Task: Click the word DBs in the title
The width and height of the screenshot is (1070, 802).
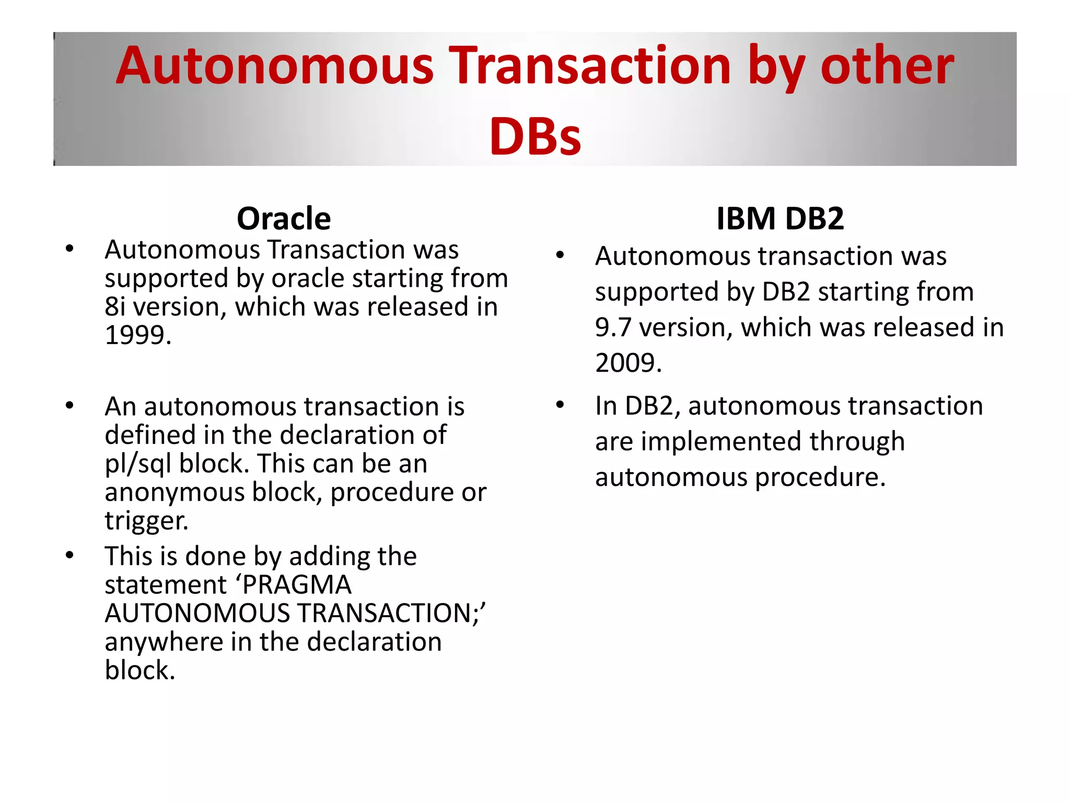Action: (535, 137)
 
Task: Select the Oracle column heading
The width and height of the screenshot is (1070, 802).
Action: (284, 218)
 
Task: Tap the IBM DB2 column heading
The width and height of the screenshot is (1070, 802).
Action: (780, 218)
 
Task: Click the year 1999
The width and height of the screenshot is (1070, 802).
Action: (137, 335)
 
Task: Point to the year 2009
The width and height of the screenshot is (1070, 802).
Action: (627, 362)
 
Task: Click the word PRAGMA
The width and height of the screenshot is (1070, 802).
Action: (297, 584)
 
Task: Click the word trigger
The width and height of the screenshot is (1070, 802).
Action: (146, 521)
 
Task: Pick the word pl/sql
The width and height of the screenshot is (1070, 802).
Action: (138, 464)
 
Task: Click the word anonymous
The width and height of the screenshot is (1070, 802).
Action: (175, 492)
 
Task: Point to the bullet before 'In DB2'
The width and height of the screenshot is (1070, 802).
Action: (561, 405)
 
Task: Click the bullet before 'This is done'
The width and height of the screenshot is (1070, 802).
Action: (69, 555)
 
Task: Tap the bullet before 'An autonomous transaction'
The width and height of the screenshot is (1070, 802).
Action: (69, 406)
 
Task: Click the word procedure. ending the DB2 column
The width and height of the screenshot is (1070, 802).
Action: (820, 477)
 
